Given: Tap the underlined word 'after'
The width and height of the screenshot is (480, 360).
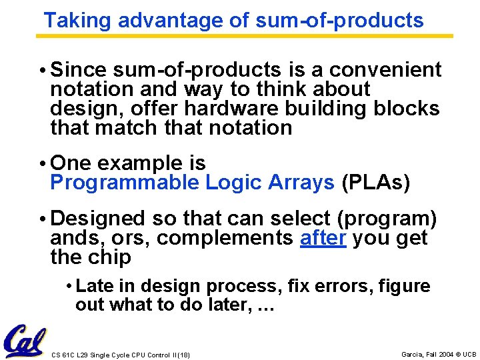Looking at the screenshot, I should point(323,237).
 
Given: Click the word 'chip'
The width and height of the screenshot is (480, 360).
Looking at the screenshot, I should point(111,257).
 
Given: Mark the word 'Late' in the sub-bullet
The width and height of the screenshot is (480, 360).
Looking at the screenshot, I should point(93,287).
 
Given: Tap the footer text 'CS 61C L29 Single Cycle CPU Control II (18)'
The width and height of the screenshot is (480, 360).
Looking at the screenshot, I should point(121,355).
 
